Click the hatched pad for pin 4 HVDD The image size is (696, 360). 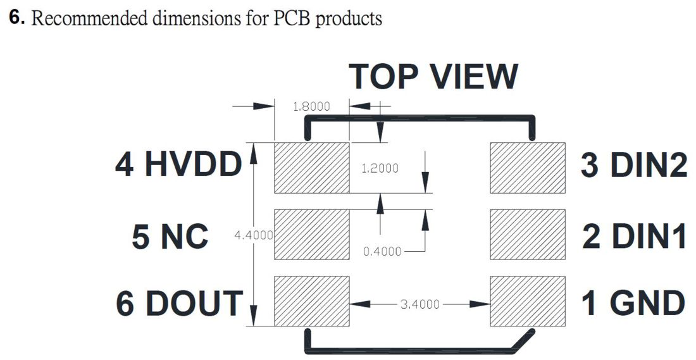(311, 168)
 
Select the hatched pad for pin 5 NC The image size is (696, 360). (311, 234)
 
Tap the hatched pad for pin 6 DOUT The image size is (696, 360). (311, 301)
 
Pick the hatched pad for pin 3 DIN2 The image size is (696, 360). (527, 168)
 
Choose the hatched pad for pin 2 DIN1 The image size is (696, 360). (527, 234)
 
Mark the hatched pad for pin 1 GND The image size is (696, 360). (527, 301)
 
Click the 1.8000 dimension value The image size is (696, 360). (311, 106)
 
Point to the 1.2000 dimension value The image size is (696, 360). (380, 168)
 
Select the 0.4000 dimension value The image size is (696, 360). (382, 252)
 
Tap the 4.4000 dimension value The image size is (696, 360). (254, 235)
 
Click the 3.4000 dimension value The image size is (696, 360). (420, 304)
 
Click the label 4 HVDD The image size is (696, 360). (178, 164)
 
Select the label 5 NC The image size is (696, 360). (170, 236)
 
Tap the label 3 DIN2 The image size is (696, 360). (634, 164)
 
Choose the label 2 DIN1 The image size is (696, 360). (634, 236)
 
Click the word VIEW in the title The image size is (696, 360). (475, 77)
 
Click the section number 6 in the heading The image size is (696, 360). (16, 18)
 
